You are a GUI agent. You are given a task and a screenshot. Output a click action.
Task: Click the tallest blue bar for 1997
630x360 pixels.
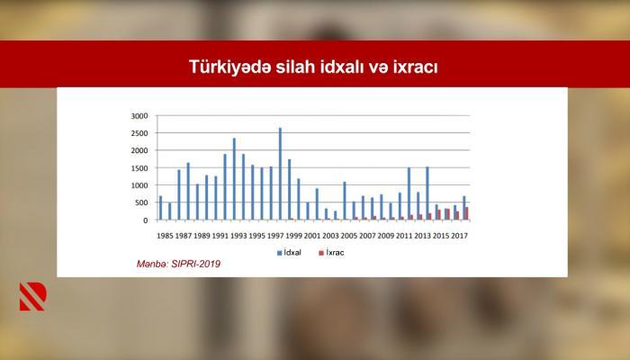(x=280, y=174)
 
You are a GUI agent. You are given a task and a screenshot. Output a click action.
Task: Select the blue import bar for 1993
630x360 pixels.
(x=234, y=179)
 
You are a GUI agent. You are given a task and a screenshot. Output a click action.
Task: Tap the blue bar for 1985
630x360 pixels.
(x=161, y=208)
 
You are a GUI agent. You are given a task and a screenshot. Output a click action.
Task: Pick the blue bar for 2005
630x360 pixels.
(x=345, y=201)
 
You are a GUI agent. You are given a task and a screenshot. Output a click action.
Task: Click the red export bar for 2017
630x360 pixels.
(x=467, y=213)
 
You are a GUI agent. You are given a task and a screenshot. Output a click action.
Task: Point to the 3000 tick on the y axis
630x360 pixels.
(x=139, y=116)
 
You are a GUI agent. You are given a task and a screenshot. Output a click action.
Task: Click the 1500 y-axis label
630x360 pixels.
(x=139, y=168)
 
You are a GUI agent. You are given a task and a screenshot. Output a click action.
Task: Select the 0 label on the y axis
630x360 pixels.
(x=146, y=220)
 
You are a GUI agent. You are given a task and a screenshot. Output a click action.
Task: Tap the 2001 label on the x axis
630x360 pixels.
(x=312, y=236)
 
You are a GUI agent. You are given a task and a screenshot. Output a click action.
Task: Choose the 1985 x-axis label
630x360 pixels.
(x=165, y=236)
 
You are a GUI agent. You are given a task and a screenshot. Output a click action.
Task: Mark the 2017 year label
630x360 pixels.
(x=459, y=236)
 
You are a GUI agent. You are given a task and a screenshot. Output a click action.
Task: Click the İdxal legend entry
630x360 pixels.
(x=289, y=253)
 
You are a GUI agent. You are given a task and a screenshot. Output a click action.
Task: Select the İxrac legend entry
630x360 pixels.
(x=331, y=253)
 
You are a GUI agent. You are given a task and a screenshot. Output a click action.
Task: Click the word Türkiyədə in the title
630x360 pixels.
(x=229, y=67)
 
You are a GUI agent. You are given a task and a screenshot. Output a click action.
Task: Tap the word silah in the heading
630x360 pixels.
(x=295, y=67)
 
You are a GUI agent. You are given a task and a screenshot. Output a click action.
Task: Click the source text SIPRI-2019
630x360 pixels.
(x=196, y=264)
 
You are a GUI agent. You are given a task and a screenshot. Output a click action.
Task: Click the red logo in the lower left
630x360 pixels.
(x=33, y=296)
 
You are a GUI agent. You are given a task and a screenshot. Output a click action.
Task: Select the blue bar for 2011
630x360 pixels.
(x=409, y=193)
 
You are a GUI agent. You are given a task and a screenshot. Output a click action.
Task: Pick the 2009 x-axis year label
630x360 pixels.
(x=386, y=236)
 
